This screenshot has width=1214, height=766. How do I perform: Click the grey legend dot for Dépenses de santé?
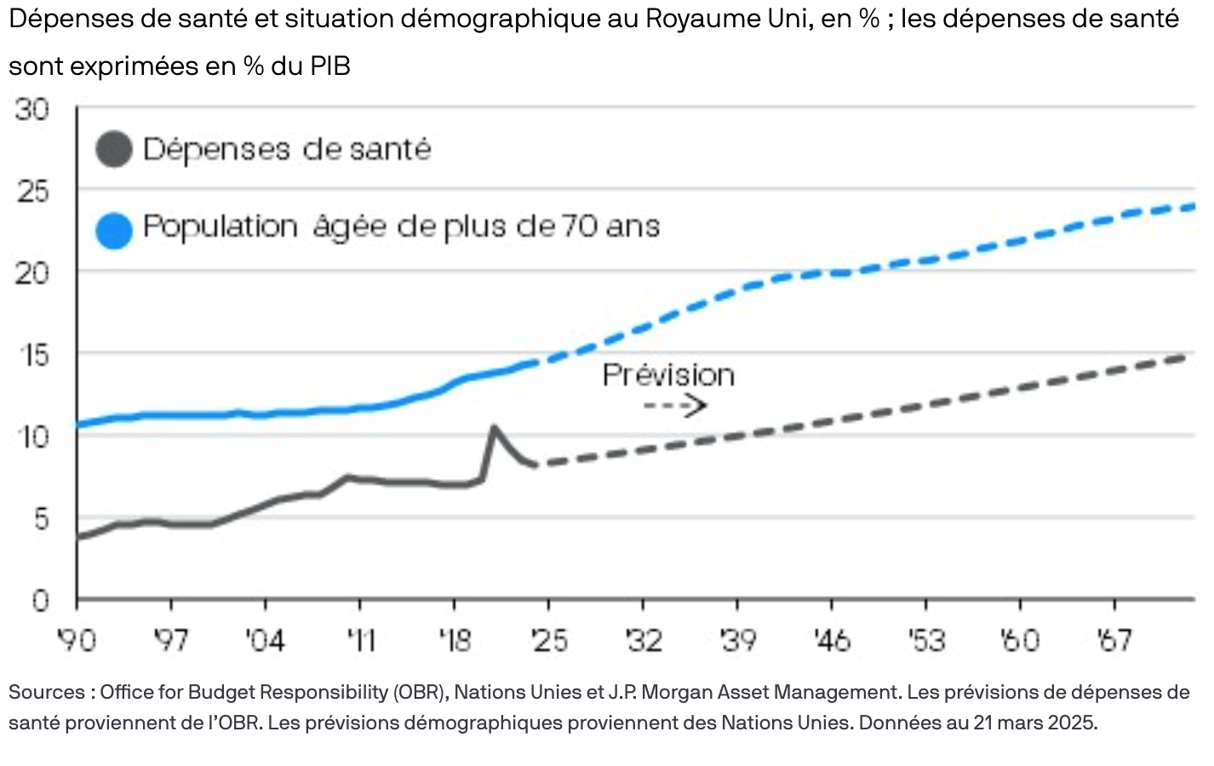click(114, 150)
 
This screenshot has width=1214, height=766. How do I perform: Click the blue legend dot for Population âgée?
click(114, 230)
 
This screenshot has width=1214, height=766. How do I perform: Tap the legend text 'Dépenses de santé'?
click(287, 150)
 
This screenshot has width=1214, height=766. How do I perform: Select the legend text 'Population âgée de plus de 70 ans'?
click(401, 226)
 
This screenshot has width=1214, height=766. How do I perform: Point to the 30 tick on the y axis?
click(32, 109)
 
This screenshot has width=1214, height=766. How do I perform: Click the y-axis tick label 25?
click(32, 191)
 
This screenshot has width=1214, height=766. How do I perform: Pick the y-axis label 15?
click(32, 355)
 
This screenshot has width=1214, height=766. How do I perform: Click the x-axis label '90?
click(77, 640)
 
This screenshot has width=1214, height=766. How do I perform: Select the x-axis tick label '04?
click(265, 640)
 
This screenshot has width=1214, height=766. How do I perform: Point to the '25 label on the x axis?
click(548, 640)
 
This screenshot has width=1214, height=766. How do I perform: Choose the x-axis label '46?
click(831, 640)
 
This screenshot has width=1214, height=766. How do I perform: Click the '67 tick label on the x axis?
click(1114, 640)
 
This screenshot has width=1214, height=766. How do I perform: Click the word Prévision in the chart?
click(668, 375)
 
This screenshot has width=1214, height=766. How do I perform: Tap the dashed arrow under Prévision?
click(675, 406)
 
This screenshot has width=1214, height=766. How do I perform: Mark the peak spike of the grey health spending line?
click(493, 427)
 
